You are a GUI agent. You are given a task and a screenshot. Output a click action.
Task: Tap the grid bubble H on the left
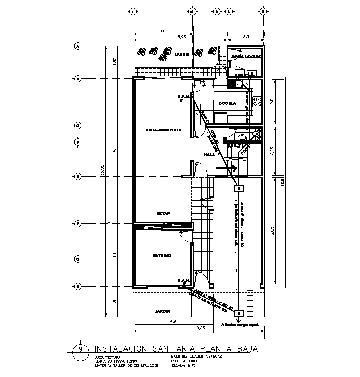point(78,287)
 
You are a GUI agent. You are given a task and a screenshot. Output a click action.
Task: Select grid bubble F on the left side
point(78,223)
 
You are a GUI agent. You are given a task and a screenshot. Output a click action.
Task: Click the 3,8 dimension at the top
point(162,31)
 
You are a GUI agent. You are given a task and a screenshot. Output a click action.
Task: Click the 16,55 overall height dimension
point(103,180)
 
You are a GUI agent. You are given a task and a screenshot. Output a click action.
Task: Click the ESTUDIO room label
point(161,255)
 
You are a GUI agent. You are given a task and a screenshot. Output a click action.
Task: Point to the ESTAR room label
point(163,214)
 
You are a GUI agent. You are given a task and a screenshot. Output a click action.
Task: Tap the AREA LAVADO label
point(247,57)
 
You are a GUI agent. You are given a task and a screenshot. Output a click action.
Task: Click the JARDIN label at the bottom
point(161,311)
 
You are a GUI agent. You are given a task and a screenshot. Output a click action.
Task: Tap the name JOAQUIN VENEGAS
point(205,357)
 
